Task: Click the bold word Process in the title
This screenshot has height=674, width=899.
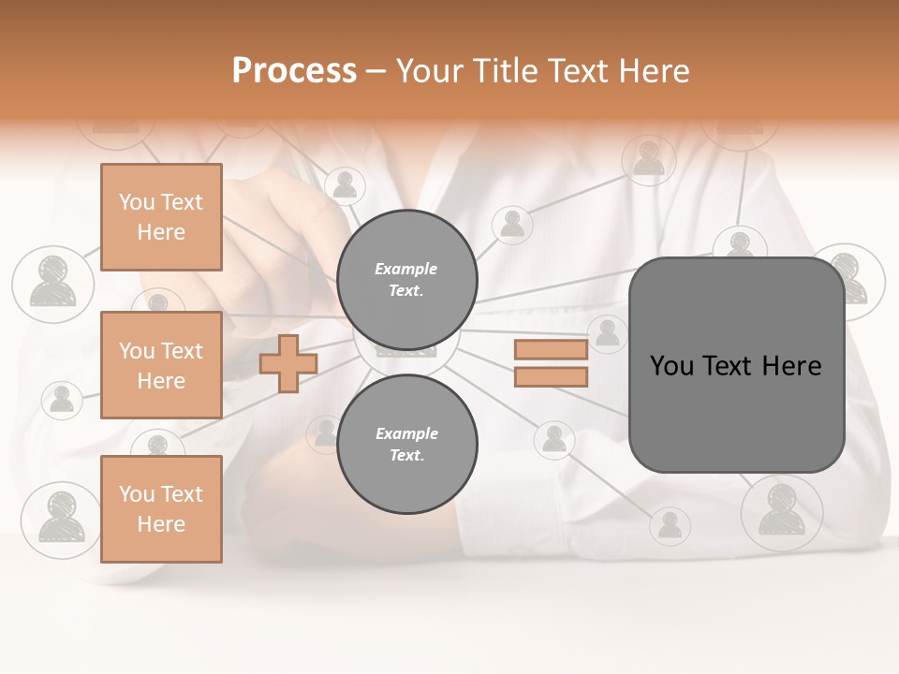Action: [294, 70]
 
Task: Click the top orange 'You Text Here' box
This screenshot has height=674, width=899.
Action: [161, 217]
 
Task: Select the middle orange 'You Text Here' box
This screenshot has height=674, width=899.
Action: [161, 365]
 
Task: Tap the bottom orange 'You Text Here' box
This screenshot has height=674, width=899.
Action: [161, 508]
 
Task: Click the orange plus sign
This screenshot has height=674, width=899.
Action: [287, 363]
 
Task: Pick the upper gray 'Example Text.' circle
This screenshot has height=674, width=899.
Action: [406, 279]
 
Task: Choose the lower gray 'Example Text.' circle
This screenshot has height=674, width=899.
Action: [406, 444]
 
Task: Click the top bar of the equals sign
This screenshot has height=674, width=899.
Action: [551, 350]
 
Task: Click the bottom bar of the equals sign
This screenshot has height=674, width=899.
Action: [551, 376]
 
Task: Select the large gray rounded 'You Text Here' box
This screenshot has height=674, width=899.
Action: [736, 365]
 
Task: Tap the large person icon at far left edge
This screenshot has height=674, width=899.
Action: [52, 283]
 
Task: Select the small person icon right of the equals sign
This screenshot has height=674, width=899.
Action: [608, 333]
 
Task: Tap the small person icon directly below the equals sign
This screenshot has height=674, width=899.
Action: [554, 438]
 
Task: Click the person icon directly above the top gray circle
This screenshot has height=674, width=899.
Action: [346, 185]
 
